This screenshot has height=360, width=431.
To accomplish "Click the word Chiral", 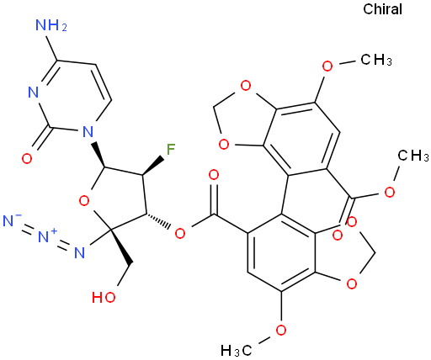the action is pyautogui.click(x=382, y=9).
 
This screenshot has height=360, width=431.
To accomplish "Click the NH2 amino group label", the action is pyautogui.click(x=51, y=25).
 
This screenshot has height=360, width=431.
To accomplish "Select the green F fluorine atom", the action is pyautogui.click(x=171, y=149).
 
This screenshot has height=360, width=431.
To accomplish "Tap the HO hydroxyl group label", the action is pyautogui.click(x=104, y=297).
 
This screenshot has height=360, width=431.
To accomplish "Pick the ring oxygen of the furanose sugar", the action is pyautogui.click(x=84, y=201).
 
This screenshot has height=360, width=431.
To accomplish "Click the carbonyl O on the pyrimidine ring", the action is pyautogui.click(x=27, y=159).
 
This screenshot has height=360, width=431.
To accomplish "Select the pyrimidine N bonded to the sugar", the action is pyautogui.click(x=88, y=131).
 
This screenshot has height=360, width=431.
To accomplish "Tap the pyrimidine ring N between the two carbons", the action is pyautogui.click(x=34, y=93).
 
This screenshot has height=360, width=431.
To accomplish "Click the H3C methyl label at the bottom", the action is pyautogui.click(x=236, y=350).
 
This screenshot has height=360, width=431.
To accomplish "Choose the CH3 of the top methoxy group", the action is pyautogui.click(x=376, y=60).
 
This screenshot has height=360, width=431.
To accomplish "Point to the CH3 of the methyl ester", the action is pyautogui.click(x=413, y=155).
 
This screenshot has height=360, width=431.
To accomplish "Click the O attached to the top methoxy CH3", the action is pyautogui.click(x=327, y=66).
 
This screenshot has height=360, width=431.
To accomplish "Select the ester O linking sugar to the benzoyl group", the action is pyautogui.click(x=180, y=233).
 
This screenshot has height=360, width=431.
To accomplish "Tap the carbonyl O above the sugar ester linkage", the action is pyautogui.click(x=214, y=175).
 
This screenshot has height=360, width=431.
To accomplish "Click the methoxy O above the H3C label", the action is pyautogui.click(x=281, y=330).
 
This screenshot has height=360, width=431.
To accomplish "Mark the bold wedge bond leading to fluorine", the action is pyautogui.click(x=153, y=166).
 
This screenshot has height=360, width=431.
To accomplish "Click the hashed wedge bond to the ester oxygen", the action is pyautogui.click(x=158, y=220).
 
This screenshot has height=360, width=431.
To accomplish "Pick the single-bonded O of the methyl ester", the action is pyautogui.click(x=390, y=193).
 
